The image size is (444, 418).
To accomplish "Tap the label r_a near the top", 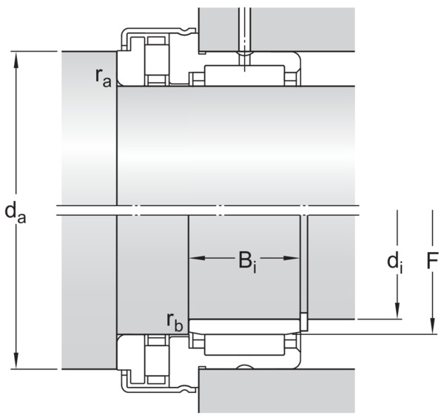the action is (104, 77).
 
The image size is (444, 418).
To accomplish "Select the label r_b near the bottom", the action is (175, 322).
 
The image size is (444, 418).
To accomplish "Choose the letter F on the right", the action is (432, 260).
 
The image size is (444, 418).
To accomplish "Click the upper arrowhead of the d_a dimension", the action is (16, 60).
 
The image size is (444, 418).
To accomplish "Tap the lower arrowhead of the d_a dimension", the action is (16, 360).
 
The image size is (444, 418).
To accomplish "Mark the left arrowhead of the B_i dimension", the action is (197, 258).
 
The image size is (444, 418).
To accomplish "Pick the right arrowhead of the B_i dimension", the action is (292, 258).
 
